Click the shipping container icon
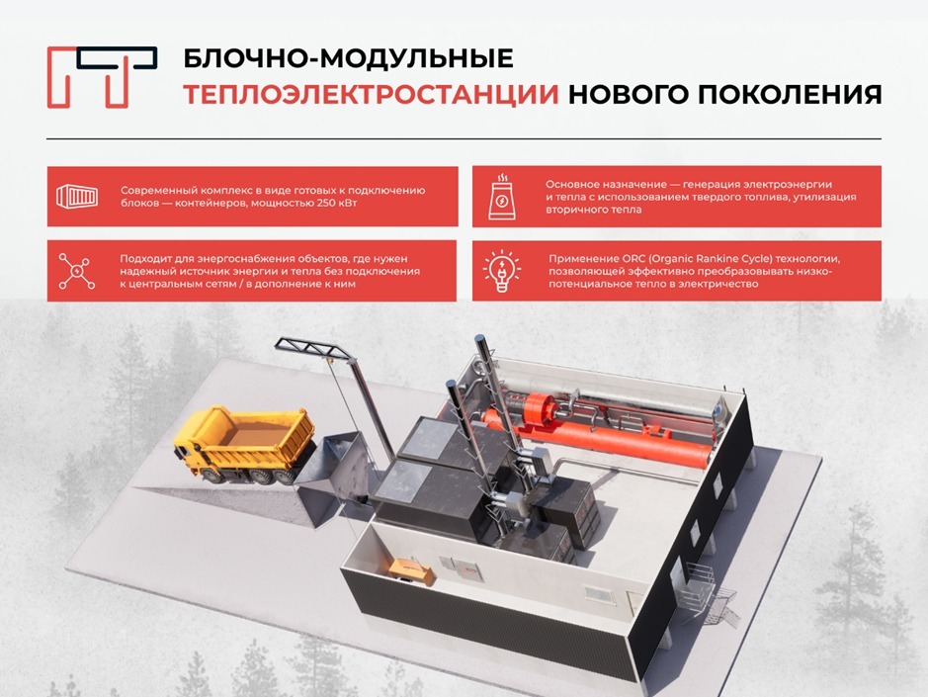coord(77,196)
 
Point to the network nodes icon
coord(77,271)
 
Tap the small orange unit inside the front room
coord(407,566)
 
